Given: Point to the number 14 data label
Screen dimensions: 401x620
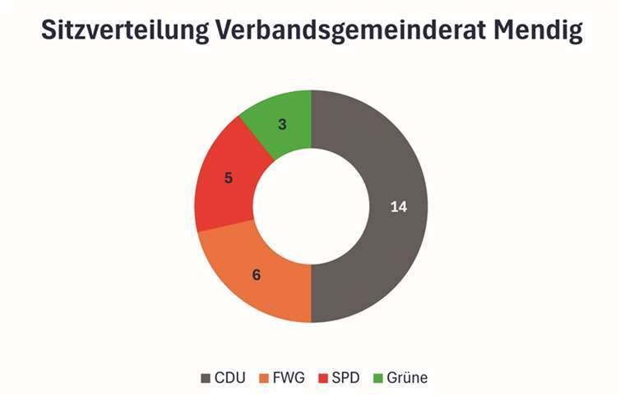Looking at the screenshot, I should [x=398, y=207].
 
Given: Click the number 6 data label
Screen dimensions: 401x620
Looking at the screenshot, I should [x=256, y=274].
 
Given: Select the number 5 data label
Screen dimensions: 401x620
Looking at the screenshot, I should [x=229, y=177].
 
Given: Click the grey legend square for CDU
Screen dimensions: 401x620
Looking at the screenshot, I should [x=206, y=378].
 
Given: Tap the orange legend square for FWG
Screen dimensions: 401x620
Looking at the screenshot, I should [x=266, y=378].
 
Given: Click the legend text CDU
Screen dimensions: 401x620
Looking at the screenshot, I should [x=230, y=378].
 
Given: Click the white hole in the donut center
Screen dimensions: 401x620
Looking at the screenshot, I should [x=311, y=206].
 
